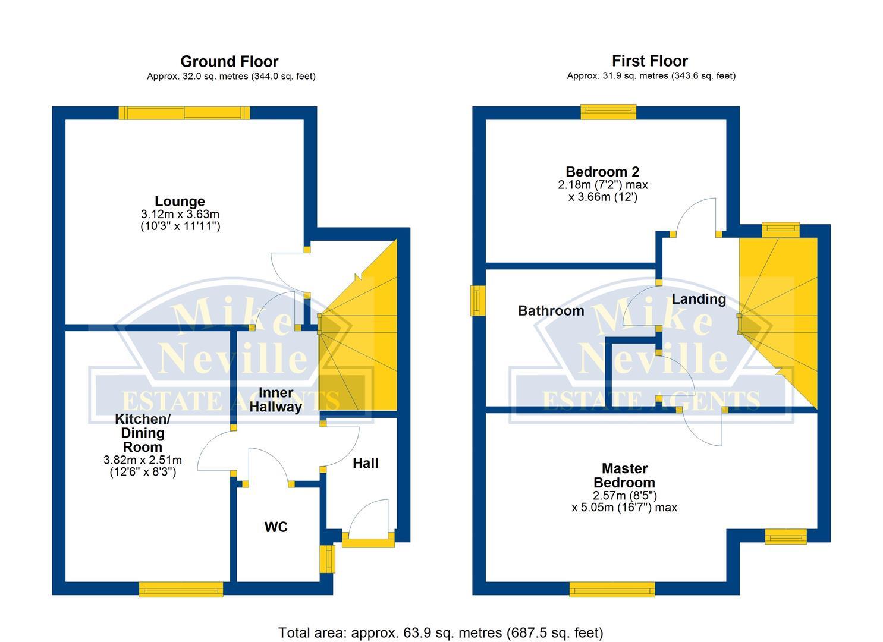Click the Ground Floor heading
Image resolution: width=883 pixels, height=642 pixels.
[229, 61]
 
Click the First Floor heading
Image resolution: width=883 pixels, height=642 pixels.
[649, 61]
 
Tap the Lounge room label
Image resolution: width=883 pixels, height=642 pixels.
[180, 202]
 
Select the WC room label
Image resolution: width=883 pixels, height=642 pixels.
[276, 527]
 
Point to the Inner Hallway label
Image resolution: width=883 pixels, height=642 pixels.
[275, 400]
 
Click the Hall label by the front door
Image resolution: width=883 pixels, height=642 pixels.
[365, 464]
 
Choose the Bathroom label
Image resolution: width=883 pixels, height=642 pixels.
[551, 311]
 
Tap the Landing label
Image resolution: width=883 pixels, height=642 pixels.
[699, 299]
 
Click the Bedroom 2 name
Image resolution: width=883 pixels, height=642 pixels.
[602, 172]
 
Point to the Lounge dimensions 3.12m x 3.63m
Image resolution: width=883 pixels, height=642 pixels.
[180, 214]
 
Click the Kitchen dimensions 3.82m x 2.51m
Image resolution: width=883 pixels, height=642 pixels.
[143, 460]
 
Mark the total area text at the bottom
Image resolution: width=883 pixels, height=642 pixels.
[441, 632]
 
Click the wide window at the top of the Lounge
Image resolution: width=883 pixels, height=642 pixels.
[184, 113]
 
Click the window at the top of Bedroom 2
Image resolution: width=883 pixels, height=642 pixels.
[608, 112]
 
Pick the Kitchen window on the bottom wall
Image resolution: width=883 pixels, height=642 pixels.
[181, 589]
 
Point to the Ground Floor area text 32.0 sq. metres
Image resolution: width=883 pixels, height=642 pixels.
[231, 76]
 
